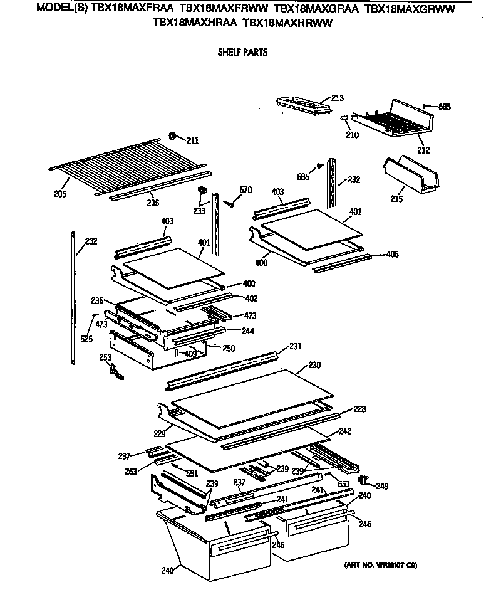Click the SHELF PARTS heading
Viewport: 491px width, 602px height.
[x=242, y=52]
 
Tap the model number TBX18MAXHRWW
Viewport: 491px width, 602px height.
[x=287, y=23]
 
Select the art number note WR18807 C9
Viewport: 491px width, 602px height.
[x=380, y=565]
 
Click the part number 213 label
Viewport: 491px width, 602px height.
[x=337, y=98]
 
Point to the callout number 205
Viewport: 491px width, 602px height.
[x=59, y=194]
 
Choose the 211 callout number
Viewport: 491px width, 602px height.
[x=192, y=140]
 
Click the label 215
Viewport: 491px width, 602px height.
[x=396, y=199]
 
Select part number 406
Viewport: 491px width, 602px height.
[x=392, y=255]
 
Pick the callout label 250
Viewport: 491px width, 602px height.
[x=229, y=348]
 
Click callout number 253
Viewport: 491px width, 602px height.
[x=105, y=357]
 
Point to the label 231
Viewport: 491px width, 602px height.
[x=296, y=347]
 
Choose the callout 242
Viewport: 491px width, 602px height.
[x=345, y=431]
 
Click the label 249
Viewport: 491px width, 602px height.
[x=382, y=485]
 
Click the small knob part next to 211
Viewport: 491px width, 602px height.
[x=173, y=137]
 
